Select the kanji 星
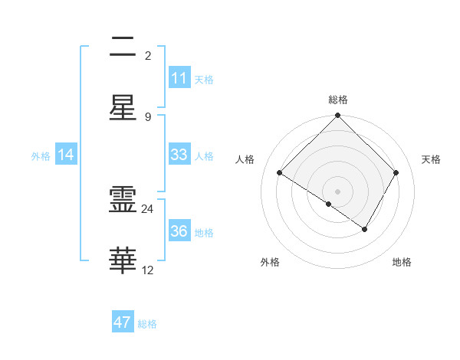[x=123, y=106]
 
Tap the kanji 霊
[x=123, y=201]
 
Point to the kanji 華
[x=123, y=260]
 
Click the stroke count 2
[x=148, y=55]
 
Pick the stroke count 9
[x=148, y=116]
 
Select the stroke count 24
[x=148, y=208]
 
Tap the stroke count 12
[x=148, y=270]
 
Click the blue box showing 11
[x=179, y=78]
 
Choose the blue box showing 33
[x=179, y=155]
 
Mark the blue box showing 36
[x=179, y=231]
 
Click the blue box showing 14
[x=66, y=155]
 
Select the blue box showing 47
[x=123, y=322]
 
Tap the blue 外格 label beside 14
[x=41, y=156]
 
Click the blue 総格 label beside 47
[x=147, y=324]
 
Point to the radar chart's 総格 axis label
[x=337, y=100]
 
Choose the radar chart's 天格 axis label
[x=431, y=159]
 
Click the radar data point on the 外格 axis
[x=329, y=204]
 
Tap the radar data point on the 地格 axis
[x=365, y=229]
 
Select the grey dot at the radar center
[x=337, y=191]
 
